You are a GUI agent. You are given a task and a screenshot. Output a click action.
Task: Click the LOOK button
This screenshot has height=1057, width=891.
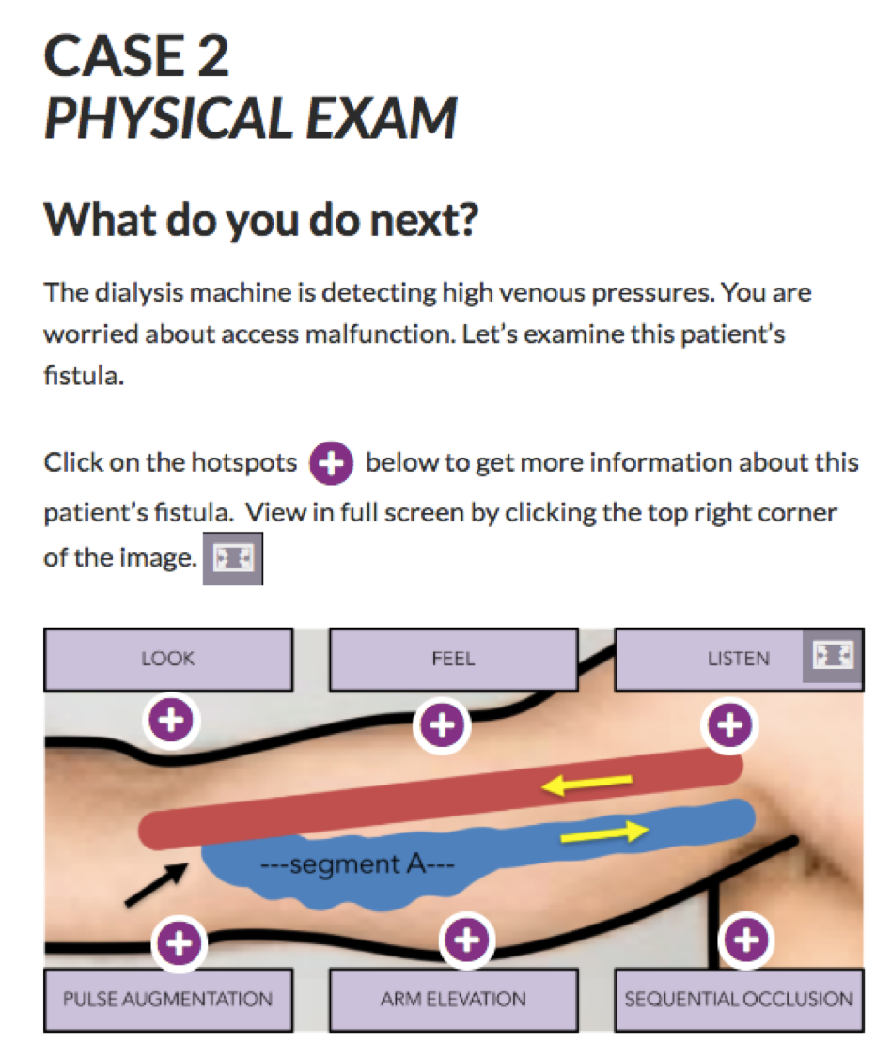coord(168,660)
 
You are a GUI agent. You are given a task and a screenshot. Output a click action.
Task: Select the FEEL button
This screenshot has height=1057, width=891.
coord(453,660)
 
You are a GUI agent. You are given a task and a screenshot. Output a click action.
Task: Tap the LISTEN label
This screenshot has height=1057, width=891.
coord(739,659)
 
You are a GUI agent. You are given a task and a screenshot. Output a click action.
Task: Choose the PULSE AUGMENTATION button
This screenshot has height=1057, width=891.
coord(168,1000)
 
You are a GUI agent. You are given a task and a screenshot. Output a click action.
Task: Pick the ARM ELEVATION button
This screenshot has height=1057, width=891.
coord(453,1000)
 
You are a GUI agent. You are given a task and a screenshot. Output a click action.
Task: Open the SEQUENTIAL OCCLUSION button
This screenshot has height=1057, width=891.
coord(739,1000)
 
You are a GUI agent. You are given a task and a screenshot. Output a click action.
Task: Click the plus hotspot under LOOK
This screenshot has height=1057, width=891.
coord(171,721)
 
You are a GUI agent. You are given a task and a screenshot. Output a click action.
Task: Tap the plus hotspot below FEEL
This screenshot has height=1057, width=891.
coord(443,725)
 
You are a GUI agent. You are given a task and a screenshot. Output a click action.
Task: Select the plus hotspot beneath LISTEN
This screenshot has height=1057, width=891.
coord(729,725)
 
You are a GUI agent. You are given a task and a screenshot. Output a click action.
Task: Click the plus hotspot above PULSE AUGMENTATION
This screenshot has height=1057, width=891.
coord(179,942)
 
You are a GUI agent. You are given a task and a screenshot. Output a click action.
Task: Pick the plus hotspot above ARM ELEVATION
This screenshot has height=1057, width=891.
coord(467,940)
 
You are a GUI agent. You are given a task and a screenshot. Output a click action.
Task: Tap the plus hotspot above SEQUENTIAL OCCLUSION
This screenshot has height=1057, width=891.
coord(746,940)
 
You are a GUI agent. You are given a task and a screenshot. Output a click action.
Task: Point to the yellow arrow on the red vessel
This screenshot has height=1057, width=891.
coord(587,784)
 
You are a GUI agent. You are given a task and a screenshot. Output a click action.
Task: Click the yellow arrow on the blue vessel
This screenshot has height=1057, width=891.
coord(604,833)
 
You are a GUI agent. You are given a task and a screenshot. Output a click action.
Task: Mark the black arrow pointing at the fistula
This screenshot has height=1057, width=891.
coord(156,884)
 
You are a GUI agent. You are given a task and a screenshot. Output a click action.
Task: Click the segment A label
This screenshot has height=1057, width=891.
coord(357,863)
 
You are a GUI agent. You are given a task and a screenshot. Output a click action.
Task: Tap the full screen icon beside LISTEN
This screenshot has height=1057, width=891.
coord(834,655)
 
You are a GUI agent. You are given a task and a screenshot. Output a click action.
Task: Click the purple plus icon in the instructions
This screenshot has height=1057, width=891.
coord(331,463)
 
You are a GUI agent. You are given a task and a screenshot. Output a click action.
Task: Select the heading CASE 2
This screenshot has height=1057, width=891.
coord(136,56)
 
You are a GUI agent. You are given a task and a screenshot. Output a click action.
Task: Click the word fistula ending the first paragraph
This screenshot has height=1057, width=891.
coord(84,376)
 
